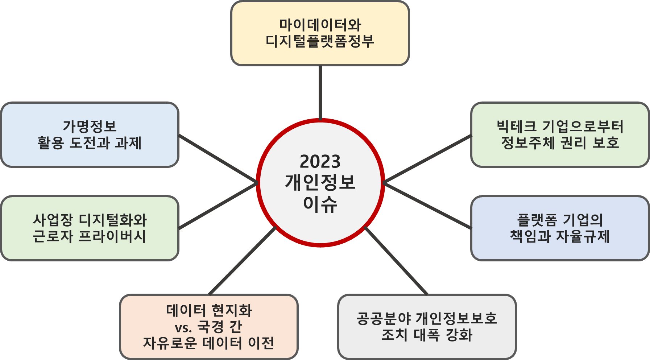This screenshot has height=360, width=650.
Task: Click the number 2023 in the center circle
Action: point(320,162)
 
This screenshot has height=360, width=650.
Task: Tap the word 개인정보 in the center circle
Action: point(320,182)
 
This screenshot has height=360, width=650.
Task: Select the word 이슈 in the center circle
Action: point(320,203)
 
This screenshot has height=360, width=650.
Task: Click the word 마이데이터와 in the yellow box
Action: point(320,25)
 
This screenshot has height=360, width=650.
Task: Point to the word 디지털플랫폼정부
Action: point(320,41)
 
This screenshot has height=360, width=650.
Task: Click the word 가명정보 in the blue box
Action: point(90,126)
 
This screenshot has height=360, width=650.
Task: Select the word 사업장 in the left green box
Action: point(53,220)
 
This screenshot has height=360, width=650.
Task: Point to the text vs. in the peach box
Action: point(183,327)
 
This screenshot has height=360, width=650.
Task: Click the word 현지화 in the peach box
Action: point(232,311)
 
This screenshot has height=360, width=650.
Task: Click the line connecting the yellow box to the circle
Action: point(320,92)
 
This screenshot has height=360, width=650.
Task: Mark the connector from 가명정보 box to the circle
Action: point(218,158)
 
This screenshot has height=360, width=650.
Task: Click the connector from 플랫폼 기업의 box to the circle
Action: point(428,206)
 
